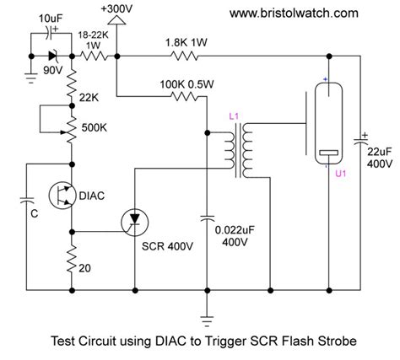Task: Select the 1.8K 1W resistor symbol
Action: pyautogui.click(x=183, y=56)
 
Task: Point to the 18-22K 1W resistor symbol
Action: pyautogui.click(x=92, y=56)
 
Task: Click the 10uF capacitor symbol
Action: pyautogui.click(x=50, y=37)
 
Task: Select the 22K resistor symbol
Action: pyautogui.click(x=73, y=86)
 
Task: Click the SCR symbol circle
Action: pyautogui.click(x=134, y=222)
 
